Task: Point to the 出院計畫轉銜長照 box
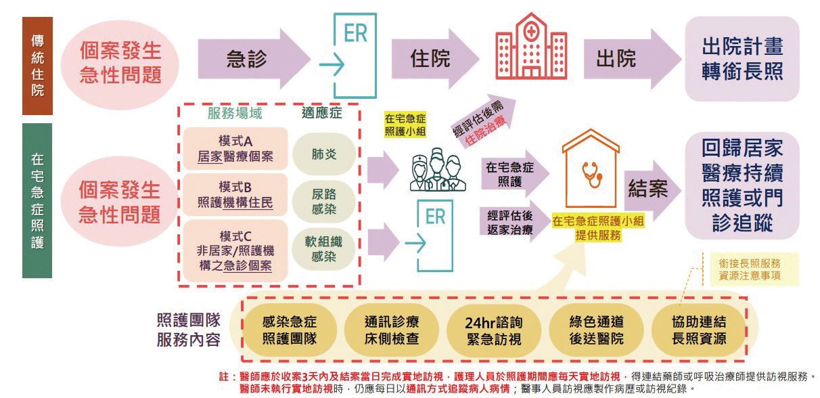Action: click(742, 59)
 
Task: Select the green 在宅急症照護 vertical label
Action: click(37, 200)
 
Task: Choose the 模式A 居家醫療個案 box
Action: click(235, 148)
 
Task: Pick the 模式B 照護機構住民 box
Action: click(235, 195)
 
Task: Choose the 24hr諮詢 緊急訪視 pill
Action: click(494, 331)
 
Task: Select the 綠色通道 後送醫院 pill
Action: click(596, 331)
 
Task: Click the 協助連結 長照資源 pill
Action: click(699, 331)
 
